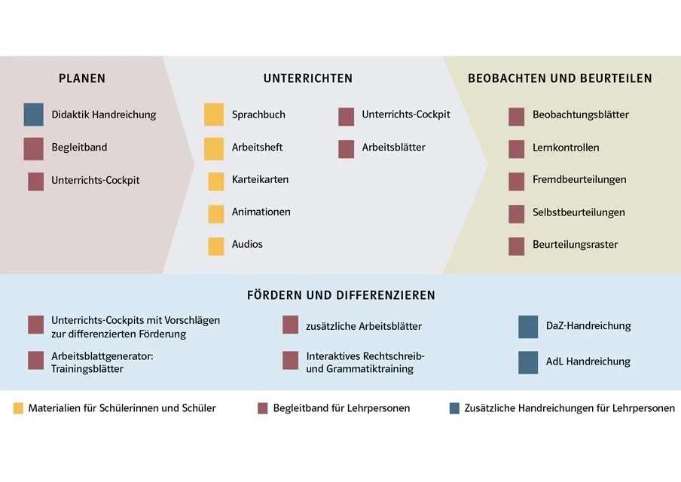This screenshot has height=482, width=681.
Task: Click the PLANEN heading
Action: pyautogui.click(x=82, y=78)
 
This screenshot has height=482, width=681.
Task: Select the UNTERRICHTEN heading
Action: pyautogui.click(x=308, y=78)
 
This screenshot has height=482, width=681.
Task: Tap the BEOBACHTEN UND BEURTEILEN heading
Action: pyautogui.click(x=560, y=78)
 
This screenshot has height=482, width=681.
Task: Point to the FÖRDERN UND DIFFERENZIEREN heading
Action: pyautogui.click(x=341, y=295)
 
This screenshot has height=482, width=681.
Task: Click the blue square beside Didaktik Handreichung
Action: pyautogui.click(x=34, y=114)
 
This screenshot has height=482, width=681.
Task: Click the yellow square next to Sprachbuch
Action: pyautogui.click(x=214, y=114)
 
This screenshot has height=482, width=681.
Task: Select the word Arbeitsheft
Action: pyautogui.click(x=258, y=148)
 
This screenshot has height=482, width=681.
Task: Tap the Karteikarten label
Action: pyautogui.click(x=260, y=180)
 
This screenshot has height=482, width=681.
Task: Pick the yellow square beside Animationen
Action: pyautogui.click(x=216, y=213)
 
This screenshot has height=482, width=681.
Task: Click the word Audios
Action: pyautogui.click(x=247, y=245)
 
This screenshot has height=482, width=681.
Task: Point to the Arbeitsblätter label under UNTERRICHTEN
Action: pyautogui.click(x=393, y=148)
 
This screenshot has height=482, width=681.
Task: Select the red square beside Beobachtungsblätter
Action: pyautogui.click(x=516, y=116)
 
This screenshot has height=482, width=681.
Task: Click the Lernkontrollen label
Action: pyautogui.click(x=566, y=148)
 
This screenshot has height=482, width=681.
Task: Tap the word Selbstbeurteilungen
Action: pyautogui.click(x=579, y=212)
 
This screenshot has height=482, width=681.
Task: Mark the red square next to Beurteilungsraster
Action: pyautogui.click(x=516, y=246)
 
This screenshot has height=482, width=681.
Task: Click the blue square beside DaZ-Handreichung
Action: pyautogui.click(x=528, y=327)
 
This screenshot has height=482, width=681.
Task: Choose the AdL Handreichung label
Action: pyautogui.click(x=588, y=361)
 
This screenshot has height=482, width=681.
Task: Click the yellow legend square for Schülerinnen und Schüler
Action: pyautogui.click(x=18, y=408)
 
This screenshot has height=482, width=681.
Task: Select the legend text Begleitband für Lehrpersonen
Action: pyautogui.click(x=341, y=408)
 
